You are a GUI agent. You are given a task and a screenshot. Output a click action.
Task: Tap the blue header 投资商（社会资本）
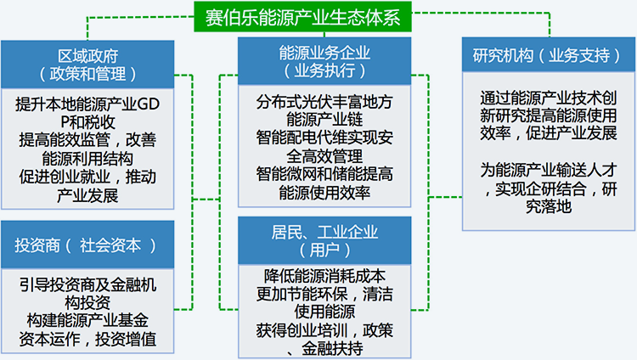click(x=87, y=245)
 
